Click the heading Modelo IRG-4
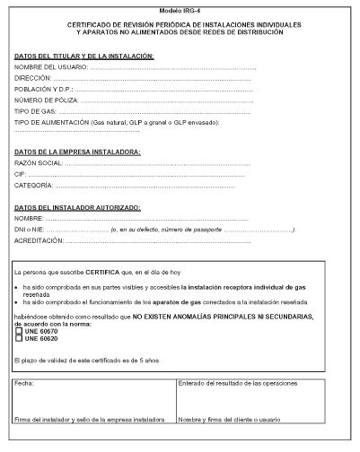pyautogui.click(x=180, y=9)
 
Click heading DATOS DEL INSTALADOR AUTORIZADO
pyautogui.click(x=76, y=207)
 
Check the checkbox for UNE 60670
pyautogui.click(x=19, y=331)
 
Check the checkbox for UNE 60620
pyautogui.click(x=19, y=338)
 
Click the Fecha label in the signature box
pyautogui.click(x=25, y=383)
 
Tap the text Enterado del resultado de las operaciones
pyautogui.click(x=233, y=383)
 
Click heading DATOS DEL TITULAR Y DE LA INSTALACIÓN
pyautogui.click(x=85, y=56)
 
